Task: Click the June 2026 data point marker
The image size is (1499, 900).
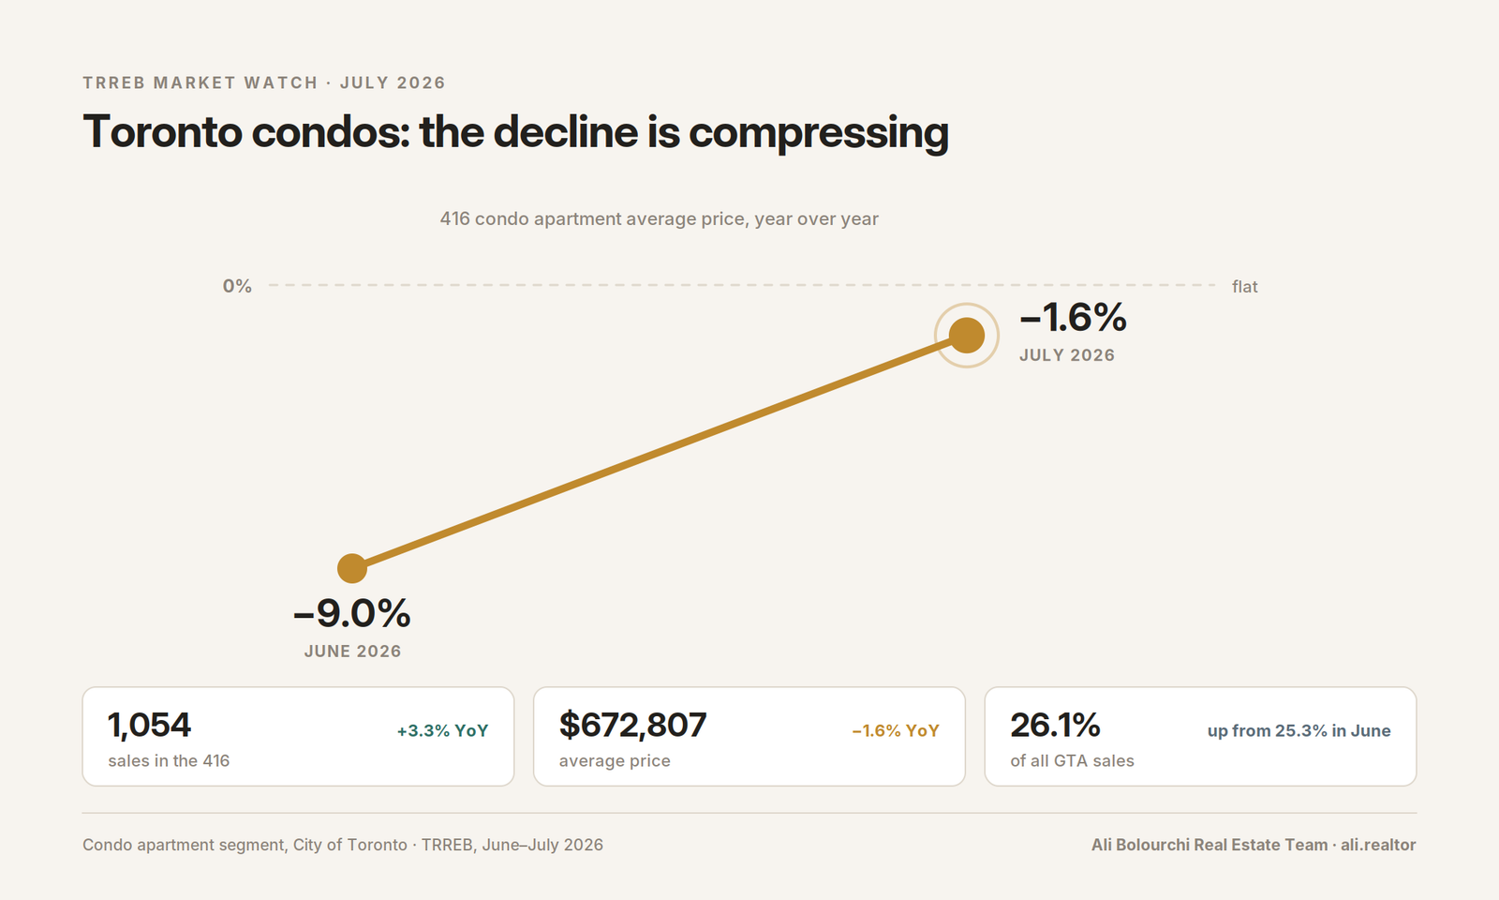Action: click(x=352, y=568)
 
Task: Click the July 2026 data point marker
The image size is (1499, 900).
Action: click(x=966, y=335)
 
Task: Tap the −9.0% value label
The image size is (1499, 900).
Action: click(x=352, y=613)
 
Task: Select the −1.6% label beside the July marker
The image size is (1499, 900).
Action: click(x=1073, y=317)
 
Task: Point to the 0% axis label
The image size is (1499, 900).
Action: click(x=237, y=287)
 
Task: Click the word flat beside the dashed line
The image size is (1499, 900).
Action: click(x=1245, y=287)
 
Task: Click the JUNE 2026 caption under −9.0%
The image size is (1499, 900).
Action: click(x=352, y=652)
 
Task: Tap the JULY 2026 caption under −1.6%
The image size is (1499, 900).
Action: click(x=1067, y=355)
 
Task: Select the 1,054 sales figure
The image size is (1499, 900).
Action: click(x=149, y=726)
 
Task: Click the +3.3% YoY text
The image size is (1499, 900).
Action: click(x=443, y=730)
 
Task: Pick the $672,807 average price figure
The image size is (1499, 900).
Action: click(x=632, y=726)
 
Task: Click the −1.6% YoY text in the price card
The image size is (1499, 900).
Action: click(x=896, y=730)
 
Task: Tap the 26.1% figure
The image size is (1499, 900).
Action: click(x=1055, y=726)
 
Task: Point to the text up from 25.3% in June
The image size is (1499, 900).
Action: click(x=1299, y=730)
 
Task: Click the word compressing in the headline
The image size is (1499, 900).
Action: click(x=819, y=132)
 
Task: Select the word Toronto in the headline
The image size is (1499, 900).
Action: click(x=162, y=131)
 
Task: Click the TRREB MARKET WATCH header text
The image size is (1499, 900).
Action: click(x=200, y=82)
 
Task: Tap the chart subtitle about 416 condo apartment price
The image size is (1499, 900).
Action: click(x=660, y=219)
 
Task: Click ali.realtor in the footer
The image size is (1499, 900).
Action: click(x=1378, y=845)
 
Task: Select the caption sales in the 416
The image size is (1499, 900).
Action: click(x=169, y=760)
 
